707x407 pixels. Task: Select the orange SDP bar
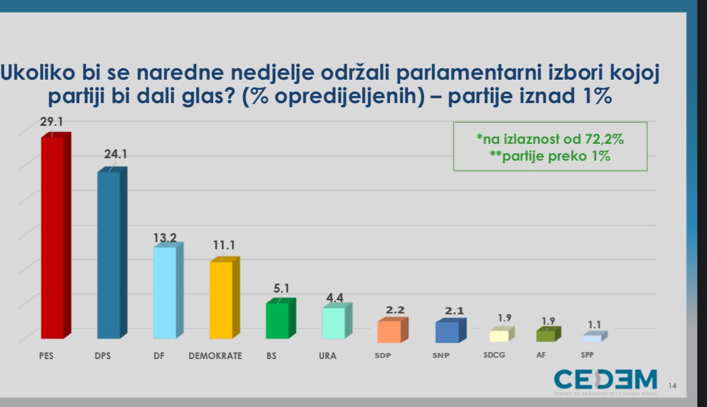pos(389,331)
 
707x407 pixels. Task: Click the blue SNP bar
pos(447,332)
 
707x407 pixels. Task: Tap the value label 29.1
pos(52,122)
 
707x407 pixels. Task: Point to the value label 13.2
pos(164,238)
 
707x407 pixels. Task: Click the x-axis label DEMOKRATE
pos(215,355)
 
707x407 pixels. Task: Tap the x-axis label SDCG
pos(494,355)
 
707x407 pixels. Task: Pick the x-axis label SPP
pos(587,355)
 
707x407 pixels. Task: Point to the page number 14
pos(672,386)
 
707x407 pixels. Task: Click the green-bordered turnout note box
pos(550,147)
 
